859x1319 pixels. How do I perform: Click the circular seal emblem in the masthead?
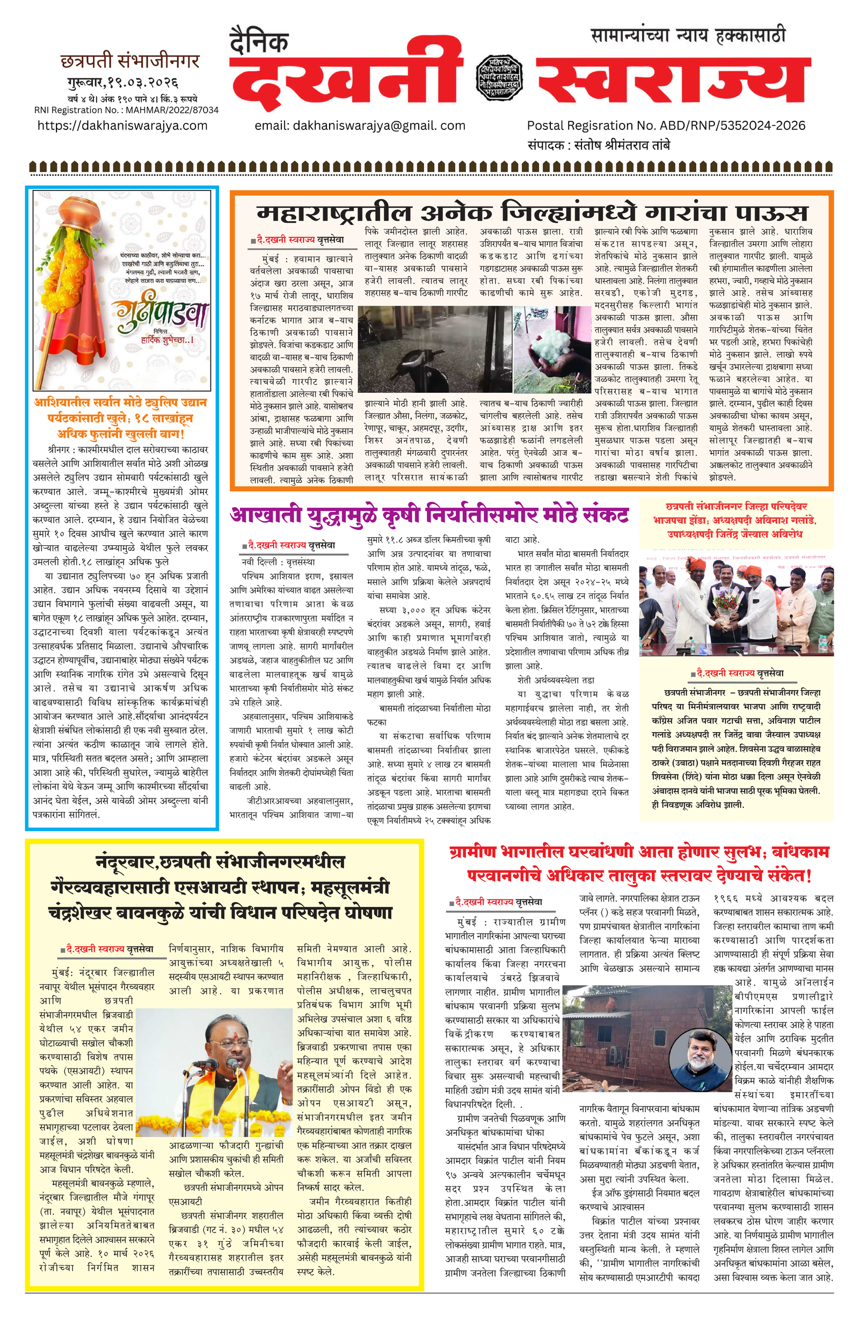click(x=499, y=77)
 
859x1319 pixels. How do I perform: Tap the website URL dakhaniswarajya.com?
click(x=122, y=125)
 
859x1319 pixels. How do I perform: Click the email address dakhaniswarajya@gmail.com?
click(x=360, y=126)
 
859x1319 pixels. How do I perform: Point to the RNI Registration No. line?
click(x=127, y=109)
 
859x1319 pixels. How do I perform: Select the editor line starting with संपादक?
click(x=599, y=145)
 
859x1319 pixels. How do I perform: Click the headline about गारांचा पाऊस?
click(x=532, y=213)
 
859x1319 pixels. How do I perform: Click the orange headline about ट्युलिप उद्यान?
click(x=120, y=418)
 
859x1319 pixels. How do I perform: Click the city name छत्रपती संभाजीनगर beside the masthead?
click(x=130, y=61)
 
